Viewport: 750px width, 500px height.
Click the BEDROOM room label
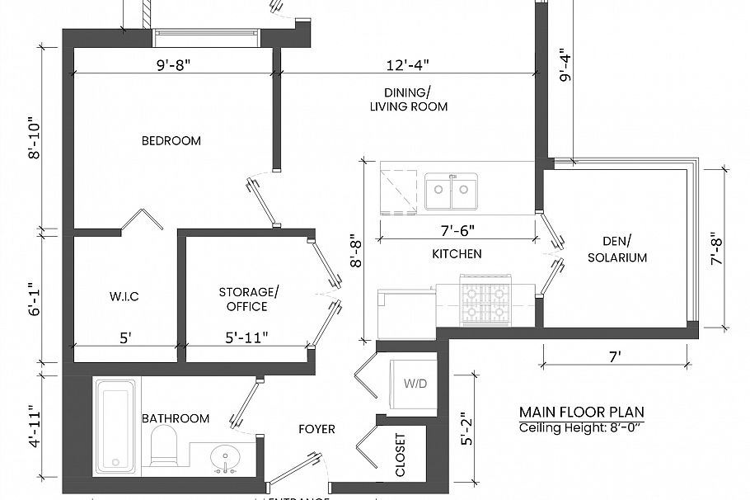click(x=171, y=141)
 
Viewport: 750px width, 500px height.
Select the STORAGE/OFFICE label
click(x=248, y=300)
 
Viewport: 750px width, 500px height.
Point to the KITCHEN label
click(x=457, y=254)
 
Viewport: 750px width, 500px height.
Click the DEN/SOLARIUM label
click(x=616, y=249)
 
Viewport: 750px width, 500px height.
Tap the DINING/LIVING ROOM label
click(x=408, y=99)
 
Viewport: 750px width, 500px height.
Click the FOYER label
click(x=316, y=429)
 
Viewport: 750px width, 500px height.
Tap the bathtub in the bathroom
click(x=115, y=427)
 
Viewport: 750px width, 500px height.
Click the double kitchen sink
click(x=451, y=193)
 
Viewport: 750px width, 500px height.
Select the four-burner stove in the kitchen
click(x=486, y=303)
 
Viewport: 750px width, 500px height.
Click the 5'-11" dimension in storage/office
click(x=247, y=337)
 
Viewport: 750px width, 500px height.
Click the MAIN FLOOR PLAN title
click(x=582, y=412)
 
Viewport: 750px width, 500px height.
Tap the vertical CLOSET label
click(x=401, y=455)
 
